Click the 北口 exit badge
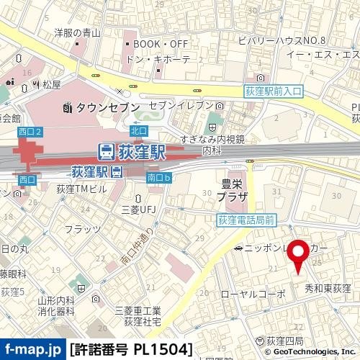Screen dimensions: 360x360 pyautogui.click(x=139, y=130)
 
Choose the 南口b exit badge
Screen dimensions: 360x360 pyautogui.click(x=158, y=177)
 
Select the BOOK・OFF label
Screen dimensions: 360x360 pyautogui.click(x=161, y=44)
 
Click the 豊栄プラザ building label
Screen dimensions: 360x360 pyautogui.click(x=232, y=190)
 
